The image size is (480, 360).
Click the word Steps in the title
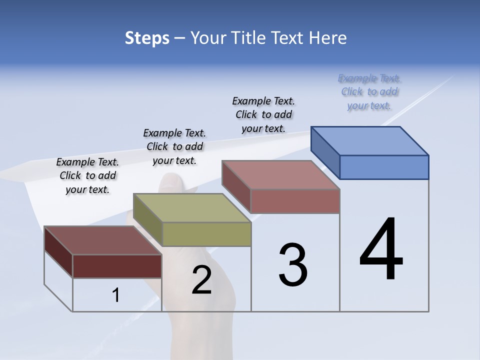click(147, 38)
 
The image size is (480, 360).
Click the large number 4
click(381, 250)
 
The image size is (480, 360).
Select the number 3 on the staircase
click(292, 265)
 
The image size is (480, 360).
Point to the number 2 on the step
click(201, 280)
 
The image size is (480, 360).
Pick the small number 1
click(116, 295)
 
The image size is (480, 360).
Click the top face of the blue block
click(370, 140)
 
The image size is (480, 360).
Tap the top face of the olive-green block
click(192, 207)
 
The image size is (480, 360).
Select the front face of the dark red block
click(117, 266)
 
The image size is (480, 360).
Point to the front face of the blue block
click(384, 167)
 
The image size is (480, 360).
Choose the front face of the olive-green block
click(206, 234)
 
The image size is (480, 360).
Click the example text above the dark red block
click(87, 176)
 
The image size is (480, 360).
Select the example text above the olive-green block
click(174, 146)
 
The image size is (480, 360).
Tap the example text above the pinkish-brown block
click(263, 114)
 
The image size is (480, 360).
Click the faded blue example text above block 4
click(369, 91)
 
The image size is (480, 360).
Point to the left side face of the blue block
click(325, 152)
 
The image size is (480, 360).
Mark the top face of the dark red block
click(103, 240)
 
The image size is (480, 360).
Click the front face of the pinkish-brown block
click(295, 201)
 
